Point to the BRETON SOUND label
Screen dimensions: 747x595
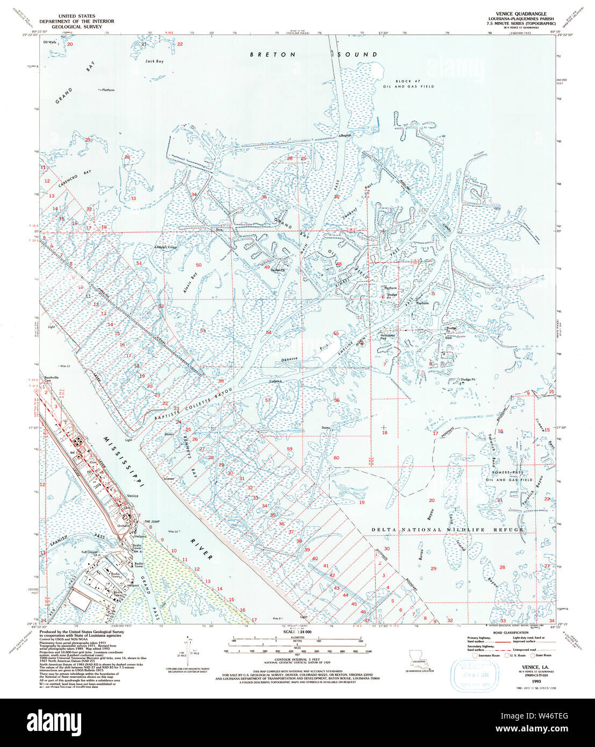[314, 55]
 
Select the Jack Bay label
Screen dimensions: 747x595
[154, 61]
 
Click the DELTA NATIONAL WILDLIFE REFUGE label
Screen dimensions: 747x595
[448, 530]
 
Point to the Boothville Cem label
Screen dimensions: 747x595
[54, 379]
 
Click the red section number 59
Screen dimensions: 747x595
[289, 449]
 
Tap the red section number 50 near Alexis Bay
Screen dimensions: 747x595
[198, 265]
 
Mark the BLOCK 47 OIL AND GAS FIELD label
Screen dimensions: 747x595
[414, 84]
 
